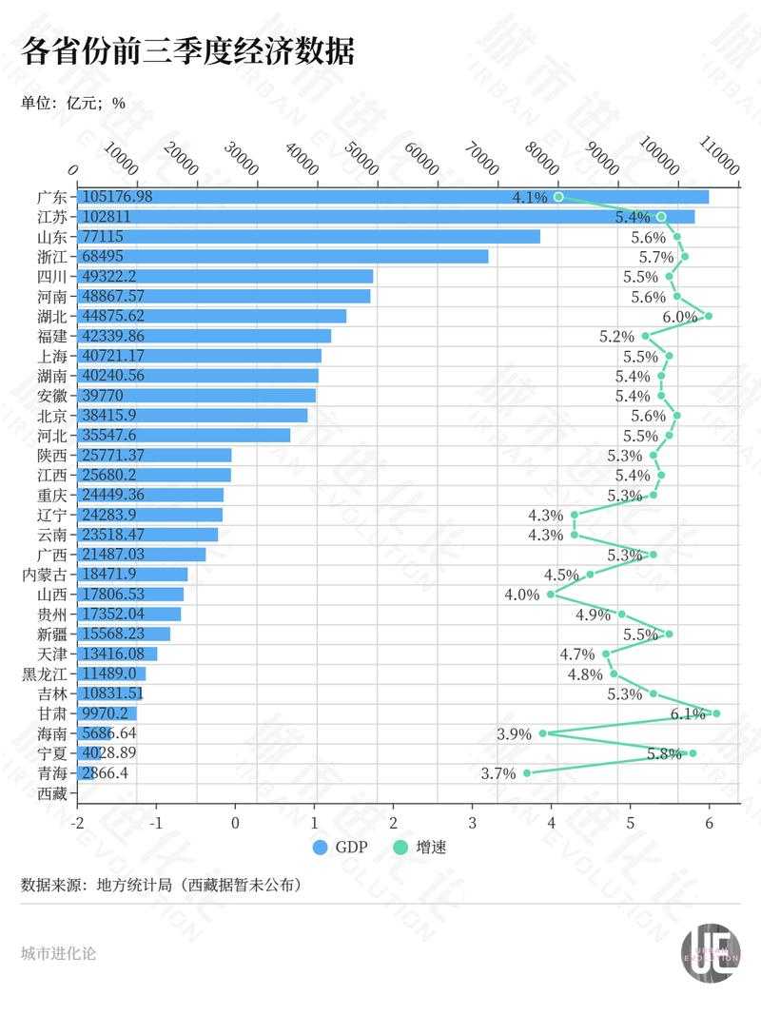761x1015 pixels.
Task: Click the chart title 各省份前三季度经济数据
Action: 187,50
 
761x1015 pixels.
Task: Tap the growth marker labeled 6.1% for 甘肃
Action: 716,712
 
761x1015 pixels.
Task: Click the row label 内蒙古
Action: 45,574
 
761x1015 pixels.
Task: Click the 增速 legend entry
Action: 420,847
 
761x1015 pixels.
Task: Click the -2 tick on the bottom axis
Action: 77,823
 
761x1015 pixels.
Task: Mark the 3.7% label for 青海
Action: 498,773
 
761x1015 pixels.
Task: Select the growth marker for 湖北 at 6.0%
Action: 709,316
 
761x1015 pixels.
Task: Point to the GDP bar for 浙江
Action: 282,256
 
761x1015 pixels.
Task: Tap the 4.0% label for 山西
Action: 522,595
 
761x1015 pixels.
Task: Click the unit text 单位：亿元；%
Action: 73,103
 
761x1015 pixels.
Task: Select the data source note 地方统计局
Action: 161,885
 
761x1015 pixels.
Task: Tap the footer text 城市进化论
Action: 58,953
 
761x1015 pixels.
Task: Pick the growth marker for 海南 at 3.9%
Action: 543,732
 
